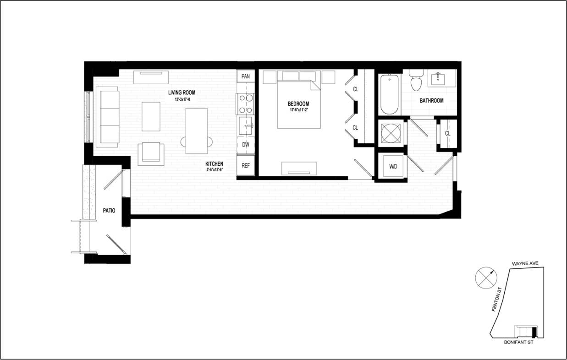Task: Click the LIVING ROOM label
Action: click(x=182, y=93)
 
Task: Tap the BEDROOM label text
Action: click(x=299, y=104)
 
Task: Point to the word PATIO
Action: click(x=109, y=211)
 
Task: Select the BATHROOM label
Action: click(x=431, y=101)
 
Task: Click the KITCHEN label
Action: click(x=214, y=164)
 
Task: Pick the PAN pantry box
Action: click(x=246, y=76)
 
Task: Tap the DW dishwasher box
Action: click(x=246, y=145)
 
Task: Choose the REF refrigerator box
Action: click(x=246, y=166)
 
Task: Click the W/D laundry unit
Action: click(x=393, y=167)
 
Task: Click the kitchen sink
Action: click(x=247, y=125)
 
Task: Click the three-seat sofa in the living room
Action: click(x=108, y=117)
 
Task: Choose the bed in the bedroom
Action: click(x=298, y=104)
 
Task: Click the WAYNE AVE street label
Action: click(x=528, y=264)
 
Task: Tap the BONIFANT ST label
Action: click(x=518, y=342)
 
